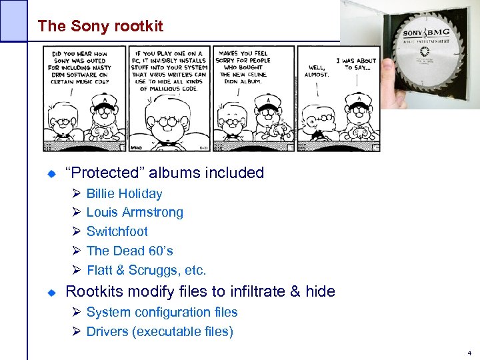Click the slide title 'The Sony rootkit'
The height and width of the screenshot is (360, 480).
tap(100, 26)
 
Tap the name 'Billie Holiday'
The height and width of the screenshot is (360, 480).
tap(124, 194)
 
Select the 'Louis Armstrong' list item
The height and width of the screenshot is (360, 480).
tap(135, 213)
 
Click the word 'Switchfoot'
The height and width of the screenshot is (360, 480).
tap(117, 232)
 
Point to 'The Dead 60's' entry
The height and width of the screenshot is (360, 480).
tap(129, 251)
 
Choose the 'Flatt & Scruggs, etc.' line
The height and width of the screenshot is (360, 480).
tap(147, 271)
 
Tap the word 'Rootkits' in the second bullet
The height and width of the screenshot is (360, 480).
tap(93, 291)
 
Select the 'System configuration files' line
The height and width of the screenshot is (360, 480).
tap(162, 312)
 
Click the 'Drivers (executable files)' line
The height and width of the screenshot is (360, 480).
tap(160, 332)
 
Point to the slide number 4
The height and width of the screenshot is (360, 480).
tap(470, 353)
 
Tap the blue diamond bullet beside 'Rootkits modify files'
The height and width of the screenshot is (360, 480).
tap(51, 292)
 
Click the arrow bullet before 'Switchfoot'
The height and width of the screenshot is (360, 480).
tap(76, 232)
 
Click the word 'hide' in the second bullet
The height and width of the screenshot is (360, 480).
tap(320, 291)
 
